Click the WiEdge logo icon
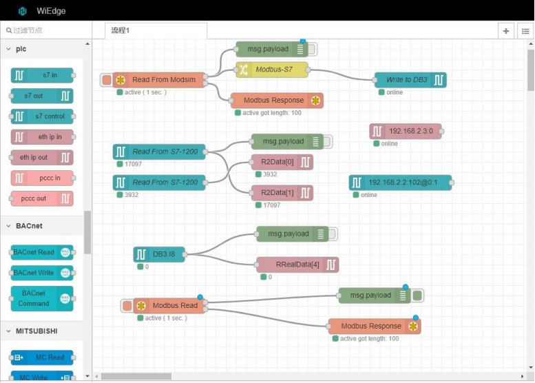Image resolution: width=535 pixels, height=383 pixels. pos(23,11)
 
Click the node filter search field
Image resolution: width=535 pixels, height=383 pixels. pos(46,30)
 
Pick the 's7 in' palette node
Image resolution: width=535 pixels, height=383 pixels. pos(42,75)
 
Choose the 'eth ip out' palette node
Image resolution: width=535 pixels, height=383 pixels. pos(42,157)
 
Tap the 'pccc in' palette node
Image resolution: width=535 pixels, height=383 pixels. pos(42,178)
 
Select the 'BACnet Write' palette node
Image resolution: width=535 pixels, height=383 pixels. pos(42,273)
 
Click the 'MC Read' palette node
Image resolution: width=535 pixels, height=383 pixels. pos(42,358)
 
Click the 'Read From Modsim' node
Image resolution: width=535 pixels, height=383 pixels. pos(158,80)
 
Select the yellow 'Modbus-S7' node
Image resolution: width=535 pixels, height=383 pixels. pos(272,70)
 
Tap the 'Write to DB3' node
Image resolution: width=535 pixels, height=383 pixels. pos(410,80)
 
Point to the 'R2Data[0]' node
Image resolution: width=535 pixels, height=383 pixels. pos(282,162)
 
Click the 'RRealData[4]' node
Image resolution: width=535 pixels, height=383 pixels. pos(297,265)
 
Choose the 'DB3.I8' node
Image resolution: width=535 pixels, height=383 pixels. pos(159,254)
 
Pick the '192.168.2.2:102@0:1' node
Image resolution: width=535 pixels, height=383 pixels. pos(400,183)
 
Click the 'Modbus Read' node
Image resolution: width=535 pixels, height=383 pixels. pos(169,306)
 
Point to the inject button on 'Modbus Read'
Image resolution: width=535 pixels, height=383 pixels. pos(127,306)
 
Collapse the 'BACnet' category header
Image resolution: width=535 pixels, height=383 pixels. pos(30,226)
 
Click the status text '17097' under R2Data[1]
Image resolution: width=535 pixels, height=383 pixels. pos(271,205)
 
